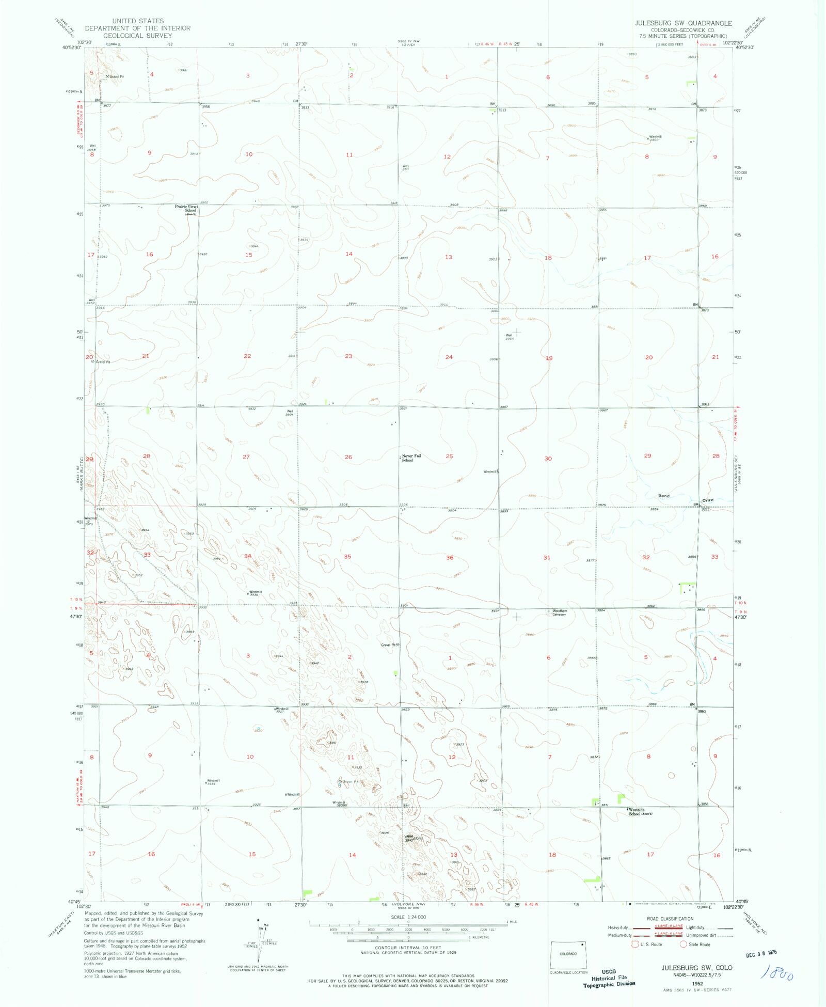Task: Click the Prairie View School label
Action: [186, 208]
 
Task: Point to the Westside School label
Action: [637, 811]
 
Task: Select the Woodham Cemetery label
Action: [559, 612]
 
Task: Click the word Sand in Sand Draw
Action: [663, 496]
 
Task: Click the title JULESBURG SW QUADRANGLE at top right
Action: [684, 23]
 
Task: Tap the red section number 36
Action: [450, 558]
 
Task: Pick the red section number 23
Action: [348, 356]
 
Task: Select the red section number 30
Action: [548, 458]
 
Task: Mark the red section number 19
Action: [549, 358]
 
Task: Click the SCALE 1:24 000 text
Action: [408, 917]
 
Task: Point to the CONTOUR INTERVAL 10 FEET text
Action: [408, 948]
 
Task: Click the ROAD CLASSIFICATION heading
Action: [670, 919]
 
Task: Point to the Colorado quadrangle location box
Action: [568, 954]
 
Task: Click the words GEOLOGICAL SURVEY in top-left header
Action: [137, 36]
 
